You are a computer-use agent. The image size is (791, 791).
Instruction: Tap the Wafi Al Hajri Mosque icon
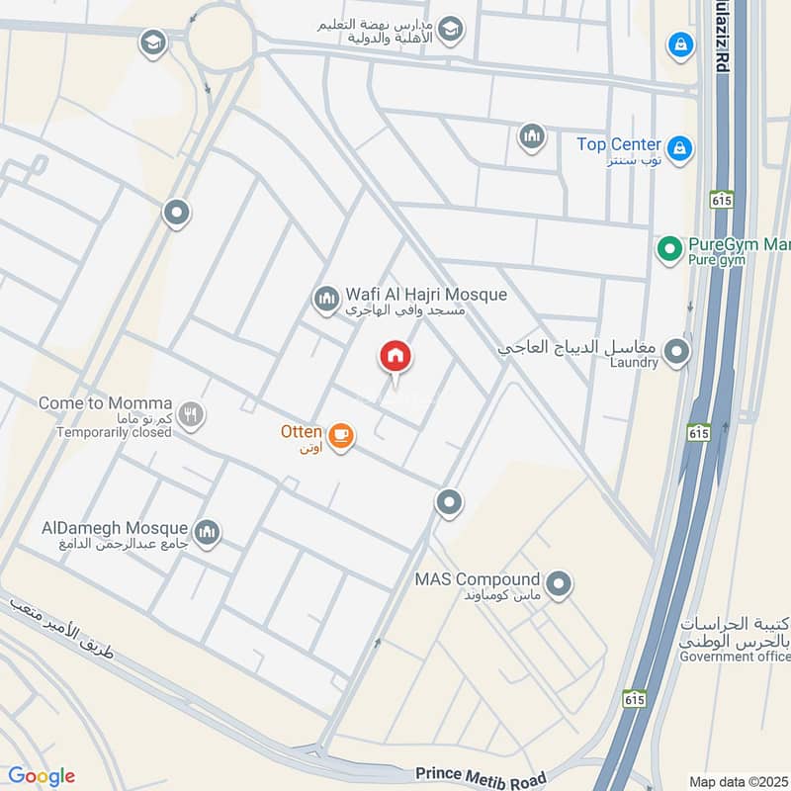pos(326,298)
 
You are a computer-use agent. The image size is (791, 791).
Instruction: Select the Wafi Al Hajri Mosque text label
pos(426,295)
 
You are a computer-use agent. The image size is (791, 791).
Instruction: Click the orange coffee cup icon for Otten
pos(340,435)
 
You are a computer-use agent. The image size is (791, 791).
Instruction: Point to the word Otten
pos(300,432)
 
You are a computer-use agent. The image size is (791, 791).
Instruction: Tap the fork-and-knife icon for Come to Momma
pos(192,415)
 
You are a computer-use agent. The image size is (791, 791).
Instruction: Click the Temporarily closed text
pos(115,432)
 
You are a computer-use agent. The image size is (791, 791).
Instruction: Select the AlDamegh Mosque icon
pos(207,534)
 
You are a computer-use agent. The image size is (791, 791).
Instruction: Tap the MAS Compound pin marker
pos(559,584)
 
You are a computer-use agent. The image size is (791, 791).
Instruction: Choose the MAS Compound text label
pos(478,579)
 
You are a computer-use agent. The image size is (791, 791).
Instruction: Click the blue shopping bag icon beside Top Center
pos(679,148)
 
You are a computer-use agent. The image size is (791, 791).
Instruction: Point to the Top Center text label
pos(619,144)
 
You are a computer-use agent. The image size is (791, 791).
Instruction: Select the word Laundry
pos(634,363)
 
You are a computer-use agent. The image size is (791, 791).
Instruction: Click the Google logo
pos(41,776)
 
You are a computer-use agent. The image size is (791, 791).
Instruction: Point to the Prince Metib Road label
pos(481,773)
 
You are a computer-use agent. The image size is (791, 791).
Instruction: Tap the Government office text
pos(734,654)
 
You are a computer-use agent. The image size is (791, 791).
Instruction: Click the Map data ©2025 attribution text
pos(738,780)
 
